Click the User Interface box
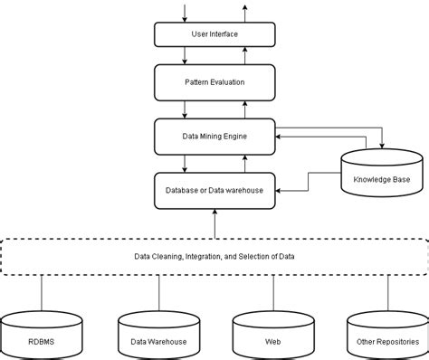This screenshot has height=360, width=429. point(214,34)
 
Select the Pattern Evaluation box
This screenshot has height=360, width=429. point(214,82)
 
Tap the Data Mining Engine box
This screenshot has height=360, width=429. point(214,136)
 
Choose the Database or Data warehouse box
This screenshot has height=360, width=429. point(214,189)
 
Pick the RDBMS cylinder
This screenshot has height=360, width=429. point(42,336)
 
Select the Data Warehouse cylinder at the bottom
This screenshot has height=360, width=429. point(159,336)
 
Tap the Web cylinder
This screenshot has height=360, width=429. point(272,336)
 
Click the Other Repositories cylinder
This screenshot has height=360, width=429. point(386,336)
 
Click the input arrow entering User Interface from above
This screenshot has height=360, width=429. point(185,12)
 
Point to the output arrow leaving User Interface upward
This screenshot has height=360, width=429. point(243,12)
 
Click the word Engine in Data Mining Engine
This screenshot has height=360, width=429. point(233,136)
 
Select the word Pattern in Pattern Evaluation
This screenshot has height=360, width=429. point(196,82)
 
